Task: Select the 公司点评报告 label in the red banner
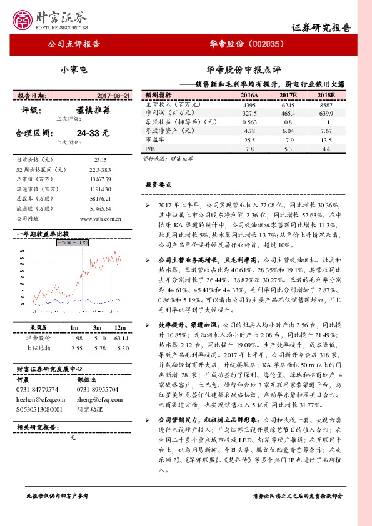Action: click(74, 44)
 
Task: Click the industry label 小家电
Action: click(74, 70)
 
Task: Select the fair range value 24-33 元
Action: click(93, 133)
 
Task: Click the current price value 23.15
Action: click(98, 160)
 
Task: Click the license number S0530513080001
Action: click(39, 409)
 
